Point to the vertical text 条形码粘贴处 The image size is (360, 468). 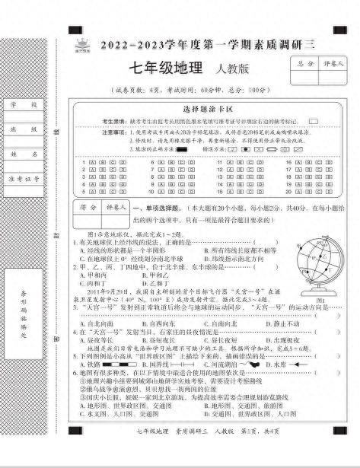tap(24, 292)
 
